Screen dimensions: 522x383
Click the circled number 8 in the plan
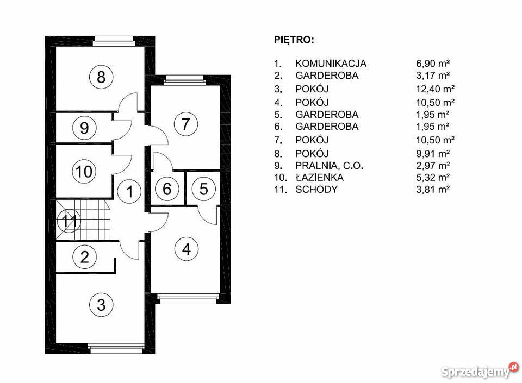101,77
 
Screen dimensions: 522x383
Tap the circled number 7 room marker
186,124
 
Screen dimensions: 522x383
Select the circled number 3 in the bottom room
101,305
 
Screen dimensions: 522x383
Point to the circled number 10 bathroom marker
84,172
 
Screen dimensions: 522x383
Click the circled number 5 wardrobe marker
203,189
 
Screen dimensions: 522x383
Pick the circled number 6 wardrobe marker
167,189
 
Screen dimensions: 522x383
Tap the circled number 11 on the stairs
69,221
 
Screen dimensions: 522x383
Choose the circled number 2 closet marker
85,256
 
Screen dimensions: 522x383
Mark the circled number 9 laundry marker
84,128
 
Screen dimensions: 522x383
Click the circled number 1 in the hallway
129,191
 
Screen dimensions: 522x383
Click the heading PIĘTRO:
294,40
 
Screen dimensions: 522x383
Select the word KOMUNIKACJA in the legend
331,64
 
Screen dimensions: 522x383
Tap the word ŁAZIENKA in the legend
320,177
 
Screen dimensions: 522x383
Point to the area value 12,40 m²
435,89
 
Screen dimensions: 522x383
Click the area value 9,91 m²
433,154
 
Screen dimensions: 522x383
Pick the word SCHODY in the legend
316,190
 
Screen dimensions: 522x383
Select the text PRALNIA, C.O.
330,166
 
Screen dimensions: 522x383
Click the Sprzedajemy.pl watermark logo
480,371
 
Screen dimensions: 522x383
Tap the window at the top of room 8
113,41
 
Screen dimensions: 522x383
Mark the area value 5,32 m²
433,178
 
